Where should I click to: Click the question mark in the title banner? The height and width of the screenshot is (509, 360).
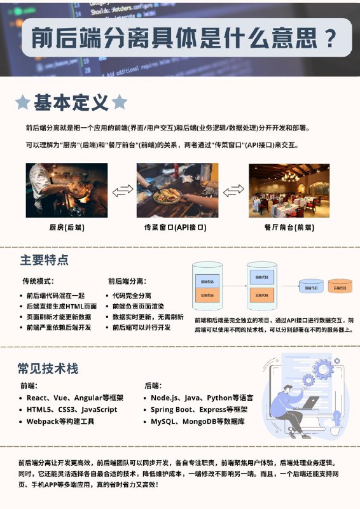click(x=329, y=38)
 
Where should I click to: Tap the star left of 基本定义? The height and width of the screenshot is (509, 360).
click(x=23, y=102)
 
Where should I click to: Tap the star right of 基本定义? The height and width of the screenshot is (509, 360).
click(x=120, y=102)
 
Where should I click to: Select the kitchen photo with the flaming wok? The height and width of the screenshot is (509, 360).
click(x=67, y=190)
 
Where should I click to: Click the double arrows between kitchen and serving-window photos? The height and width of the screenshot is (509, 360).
click(x=123, y=190)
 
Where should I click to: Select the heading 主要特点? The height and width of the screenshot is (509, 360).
click(x=45, y=260)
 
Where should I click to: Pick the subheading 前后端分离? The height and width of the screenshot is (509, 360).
click(x=127, y=281)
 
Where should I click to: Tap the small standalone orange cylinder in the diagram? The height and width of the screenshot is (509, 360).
click(x=343, y=288)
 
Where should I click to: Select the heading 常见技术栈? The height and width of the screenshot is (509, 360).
click(x=48, y=368)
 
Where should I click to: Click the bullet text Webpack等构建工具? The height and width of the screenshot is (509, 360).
click(x=60, y=421)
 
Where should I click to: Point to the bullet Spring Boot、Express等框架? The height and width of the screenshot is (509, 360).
click(x=199, y=409)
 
